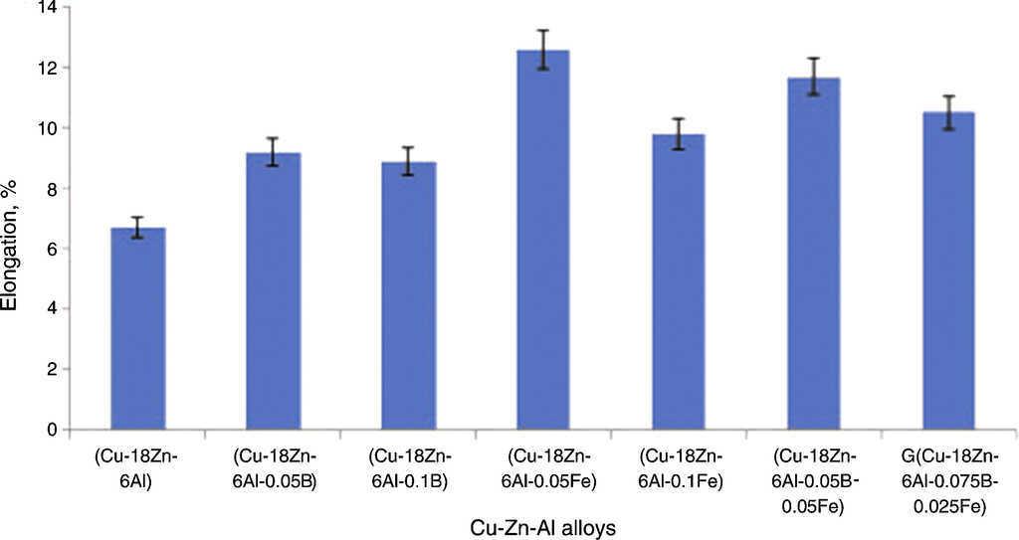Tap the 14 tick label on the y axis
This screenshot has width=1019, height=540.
click(x=47, y=9)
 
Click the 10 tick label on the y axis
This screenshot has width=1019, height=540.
click(x=47, y=128)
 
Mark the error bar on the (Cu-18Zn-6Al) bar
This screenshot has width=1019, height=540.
click(x=137, y=228)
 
